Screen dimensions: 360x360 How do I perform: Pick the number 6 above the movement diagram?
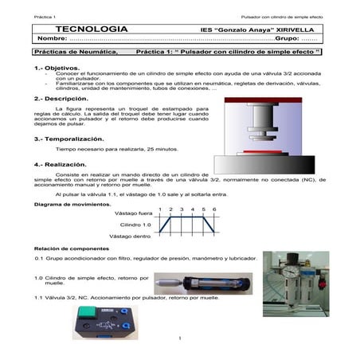[x=215, y=209]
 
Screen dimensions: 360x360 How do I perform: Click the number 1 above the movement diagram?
[x=160, y=209]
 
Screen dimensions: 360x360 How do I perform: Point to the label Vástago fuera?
[x=132, y=213]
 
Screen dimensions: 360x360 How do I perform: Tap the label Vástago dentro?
[x=131, y=237]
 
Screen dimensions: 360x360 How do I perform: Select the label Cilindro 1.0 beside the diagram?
[x=135, y=225]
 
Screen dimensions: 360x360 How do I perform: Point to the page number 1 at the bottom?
[x=181, y=339]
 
